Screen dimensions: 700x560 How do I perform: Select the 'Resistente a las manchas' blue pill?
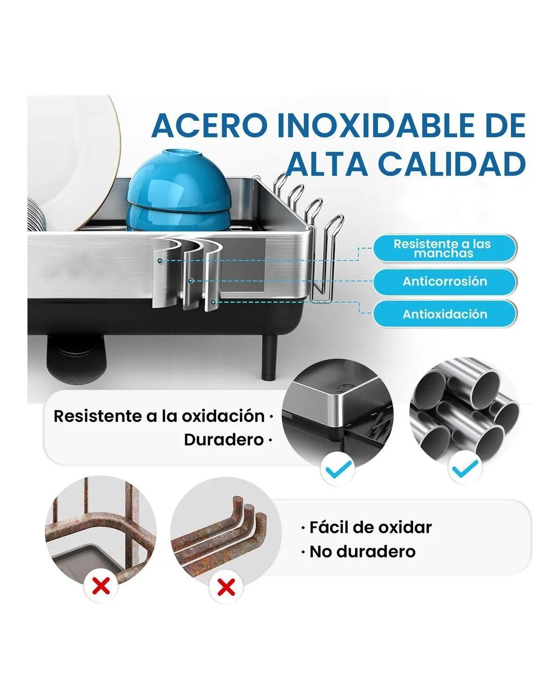coord(445,248)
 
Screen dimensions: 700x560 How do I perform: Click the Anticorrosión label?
coord(445,281)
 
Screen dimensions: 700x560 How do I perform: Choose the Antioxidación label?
coord(445,314)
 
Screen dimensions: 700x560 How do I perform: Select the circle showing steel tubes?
coord(464,411)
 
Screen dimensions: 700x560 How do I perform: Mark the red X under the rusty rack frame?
coord(101,585)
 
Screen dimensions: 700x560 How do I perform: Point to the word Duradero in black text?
coord(224,440)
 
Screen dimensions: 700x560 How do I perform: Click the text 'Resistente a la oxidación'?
coord(159,416)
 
